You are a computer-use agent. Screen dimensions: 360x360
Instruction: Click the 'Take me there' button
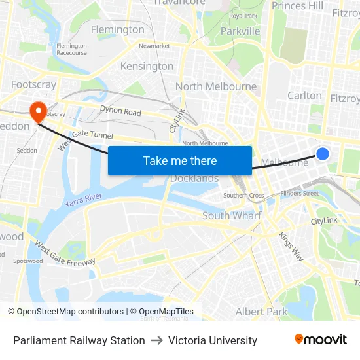pos(180,160)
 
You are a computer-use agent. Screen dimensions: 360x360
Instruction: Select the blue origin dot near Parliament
pos(323,154)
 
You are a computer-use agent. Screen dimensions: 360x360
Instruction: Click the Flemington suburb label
pos(118,29)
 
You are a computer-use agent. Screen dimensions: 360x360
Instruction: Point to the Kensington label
pos(147,66)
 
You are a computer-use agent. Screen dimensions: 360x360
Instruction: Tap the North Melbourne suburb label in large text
pos(216,86)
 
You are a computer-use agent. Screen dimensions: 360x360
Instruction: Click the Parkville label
pos(240,31)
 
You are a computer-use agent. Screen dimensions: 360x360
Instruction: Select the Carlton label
pos(305,95)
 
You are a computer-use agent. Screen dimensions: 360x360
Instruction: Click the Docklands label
pos(194,179)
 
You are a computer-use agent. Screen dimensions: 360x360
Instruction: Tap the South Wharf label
pos(232,215)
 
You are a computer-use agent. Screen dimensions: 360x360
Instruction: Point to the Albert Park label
pos(261,312)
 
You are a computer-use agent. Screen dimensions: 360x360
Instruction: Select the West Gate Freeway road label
pos(65,255)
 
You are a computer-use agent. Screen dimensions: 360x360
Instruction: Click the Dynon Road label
pos(120,112)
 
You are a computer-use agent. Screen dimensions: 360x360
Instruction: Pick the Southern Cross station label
pos(243,195)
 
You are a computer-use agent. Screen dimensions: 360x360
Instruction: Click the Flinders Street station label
pos(299,193)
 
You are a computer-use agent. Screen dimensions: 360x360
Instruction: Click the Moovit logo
pos(320,340)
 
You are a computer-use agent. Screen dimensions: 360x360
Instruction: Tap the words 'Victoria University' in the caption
pos(213,340)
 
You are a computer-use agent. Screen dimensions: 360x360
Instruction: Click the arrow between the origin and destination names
pos(156,340)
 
